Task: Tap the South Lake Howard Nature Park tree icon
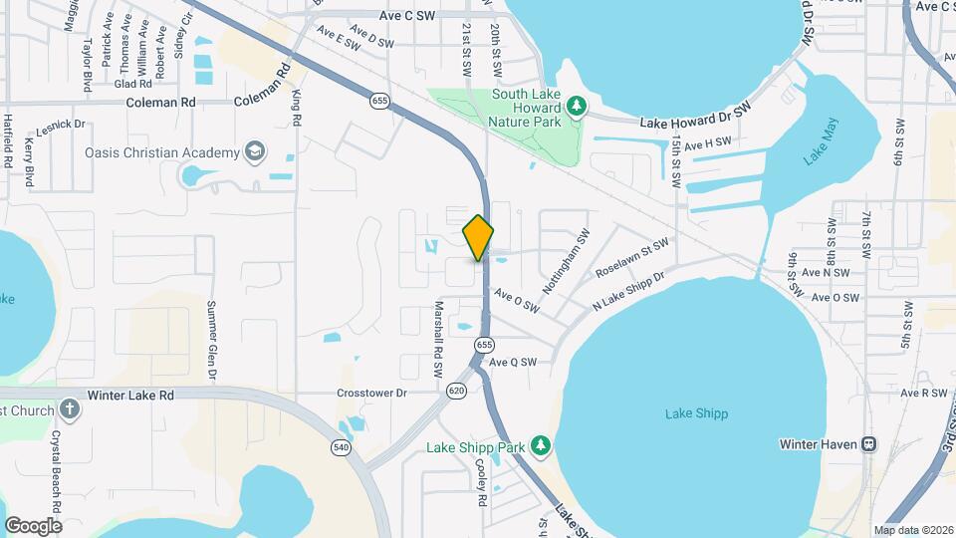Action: click(x=576, y=106)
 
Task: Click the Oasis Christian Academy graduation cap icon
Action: click(x=256, y=151)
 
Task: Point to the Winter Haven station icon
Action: click(x=868, y=443)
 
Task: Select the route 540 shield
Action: click(x=342, y=449)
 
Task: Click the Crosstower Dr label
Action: click(x=372, y=394)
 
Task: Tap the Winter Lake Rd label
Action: click(x=130, y=396)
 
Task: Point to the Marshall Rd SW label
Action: click(x=437, y=339)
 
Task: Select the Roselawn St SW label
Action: click(x=632, y=257)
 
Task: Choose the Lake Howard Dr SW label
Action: click(x=694, y=118)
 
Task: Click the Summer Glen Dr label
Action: click(x=211, y=341)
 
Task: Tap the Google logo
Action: click(x=33, y=525)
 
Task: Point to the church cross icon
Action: click(x=69, y=409)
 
